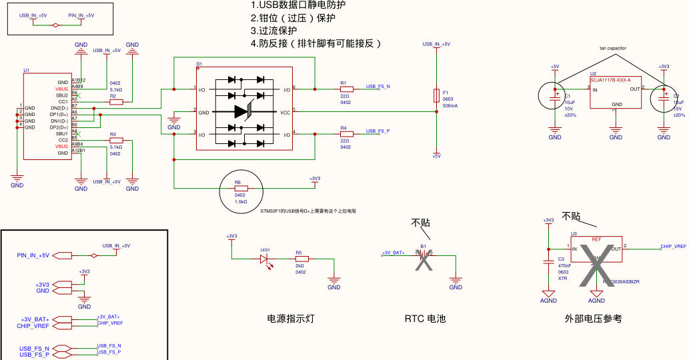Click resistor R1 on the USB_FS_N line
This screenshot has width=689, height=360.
pyautogui.click(x=345, y=89)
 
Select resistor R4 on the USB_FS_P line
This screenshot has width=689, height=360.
pyautogui.click(x=345, y=133)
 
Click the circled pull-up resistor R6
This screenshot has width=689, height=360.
pyautogui.click(x=241, y=188)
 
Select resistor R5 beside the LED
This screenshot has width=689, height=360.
pyautogui.click(x=302, y=258)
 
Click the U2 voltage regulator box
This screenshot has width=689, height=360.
pyautogui.click(x=616, y=93)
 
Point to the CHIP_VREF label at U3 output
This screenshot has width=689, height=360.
pyautogui.click(x=673, y=246)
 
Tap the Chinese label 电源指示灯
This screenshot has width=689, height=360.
pyautogui.click(x=290, y=319)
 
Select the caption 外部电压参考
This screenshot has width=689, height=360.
pyautogui.click(x=593, y=319)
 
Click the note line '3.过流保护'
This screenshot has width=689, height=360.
pyautogui.click(x=273, y=31)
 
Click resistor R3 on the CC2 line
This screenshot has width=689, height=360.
pyautogui.click(x=115, y=141)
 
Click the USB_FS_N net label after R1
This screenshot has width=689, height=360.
pyautogui.click(x=378, y=87)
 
